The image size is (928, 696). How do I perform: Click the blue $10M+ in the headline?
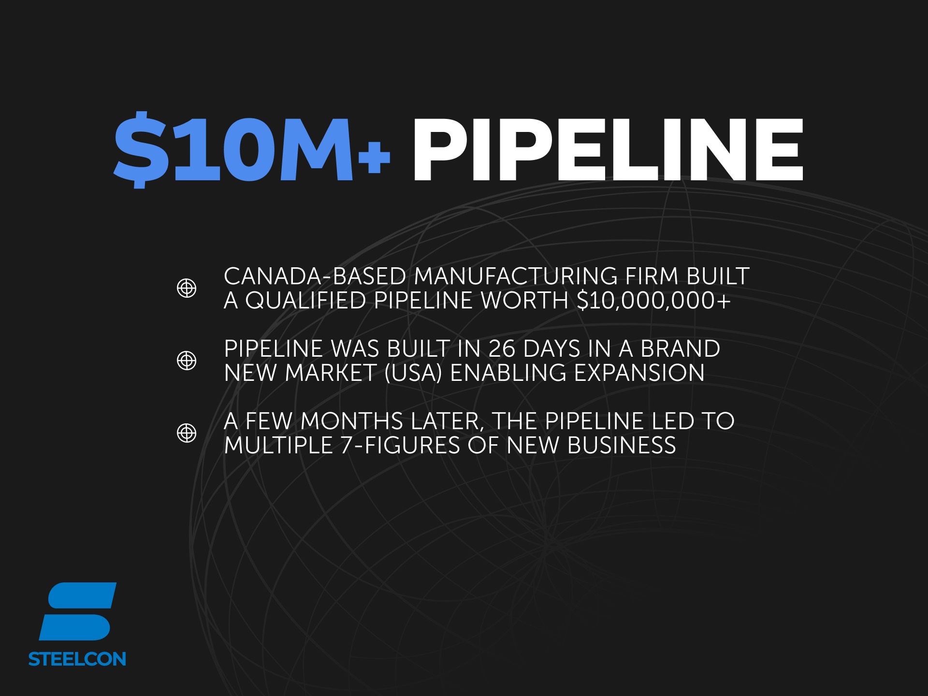click(251, 150)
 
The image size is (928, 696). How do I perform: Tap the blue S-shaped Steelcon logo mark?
click(77, 611)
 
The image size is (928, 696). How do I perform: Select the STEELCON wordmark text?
click(77, 659)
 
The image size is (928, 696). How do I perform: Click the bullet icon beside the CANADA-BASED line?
click(187, 288)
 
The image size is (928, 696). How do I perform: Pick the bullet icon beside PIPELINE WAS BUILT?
click(187, 361)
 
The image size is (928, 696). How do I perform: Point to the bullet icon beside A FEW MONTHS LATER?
click(187, 433)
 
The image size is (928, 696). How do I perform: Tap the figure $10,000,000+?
click(654, 301)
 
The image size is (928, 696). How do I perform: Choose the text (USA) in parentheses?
click(413, 373)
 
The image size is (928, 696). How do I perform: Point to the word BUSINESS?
click(622, 446)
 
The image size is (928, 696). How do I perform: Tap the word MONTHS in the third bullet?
click(352, 421)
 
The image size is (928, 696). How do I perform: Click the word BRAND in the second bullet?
click(681, 349)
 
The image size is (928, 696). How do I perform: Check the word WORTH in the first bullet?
click(524, 301)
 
